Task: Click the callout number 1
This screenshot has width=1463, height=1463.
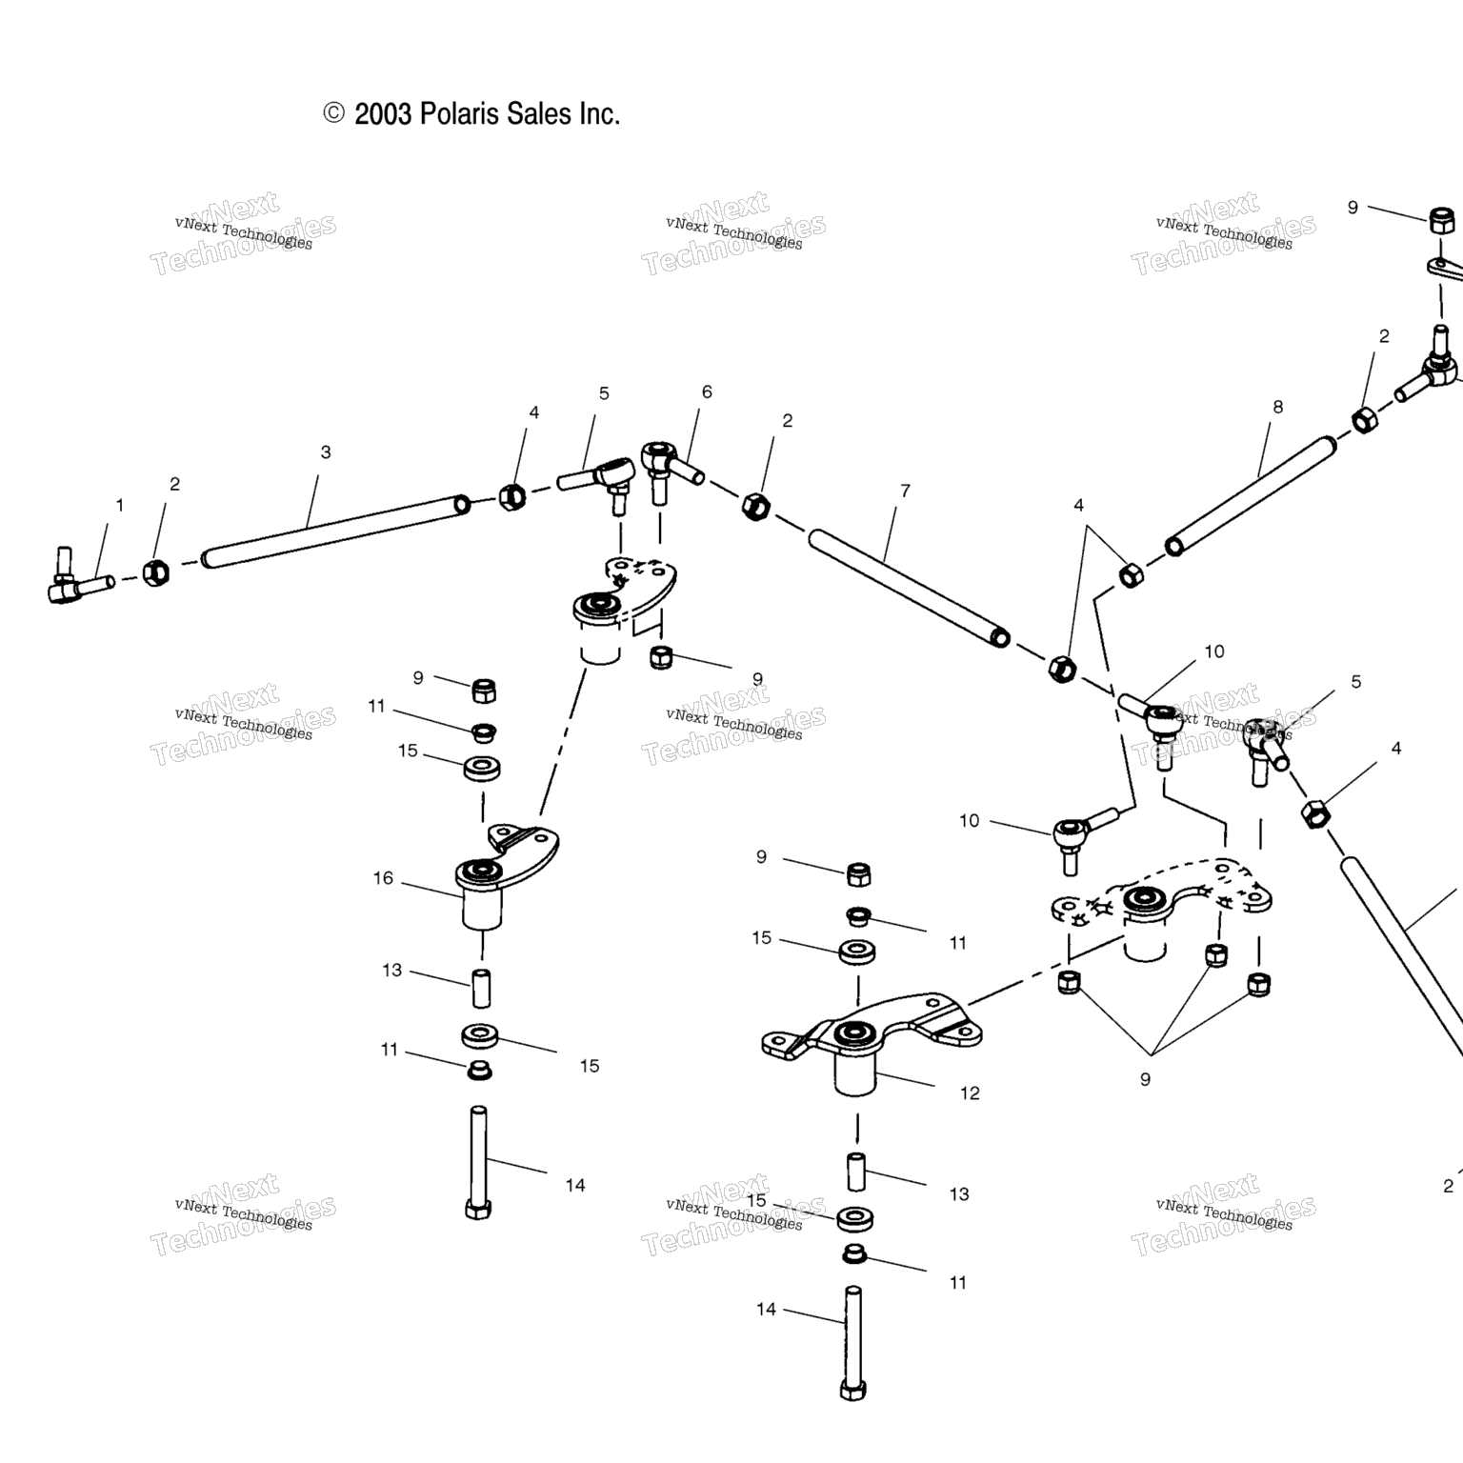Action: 120,505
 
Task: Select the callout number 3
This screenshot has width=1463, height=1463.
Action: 326,452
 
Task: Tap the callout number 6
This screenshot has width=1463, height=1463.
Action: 707,391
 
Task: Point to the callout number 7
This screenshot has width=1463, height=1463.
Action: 905,491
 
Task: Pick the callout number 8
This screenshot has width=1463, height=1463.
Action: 1277,407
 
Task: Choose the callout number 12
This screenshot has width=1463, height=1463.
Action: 970,1092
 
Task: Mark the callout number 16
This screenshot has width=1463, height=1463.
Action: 383,877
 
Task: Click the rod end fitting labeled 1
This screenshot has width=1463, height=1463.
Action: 72,582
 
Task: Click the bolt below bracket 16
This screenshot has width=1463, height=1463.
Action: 478,1162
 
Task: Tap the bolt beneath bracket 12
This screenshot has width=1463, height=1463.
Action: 852,1343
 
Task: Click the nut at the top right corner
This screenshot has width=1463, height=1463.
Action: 1441,220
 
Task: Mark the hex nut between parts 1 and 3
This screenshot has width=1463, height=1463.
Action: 155,571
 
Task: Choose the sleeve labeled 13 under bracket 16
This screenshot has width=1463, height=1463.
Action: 482,988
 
